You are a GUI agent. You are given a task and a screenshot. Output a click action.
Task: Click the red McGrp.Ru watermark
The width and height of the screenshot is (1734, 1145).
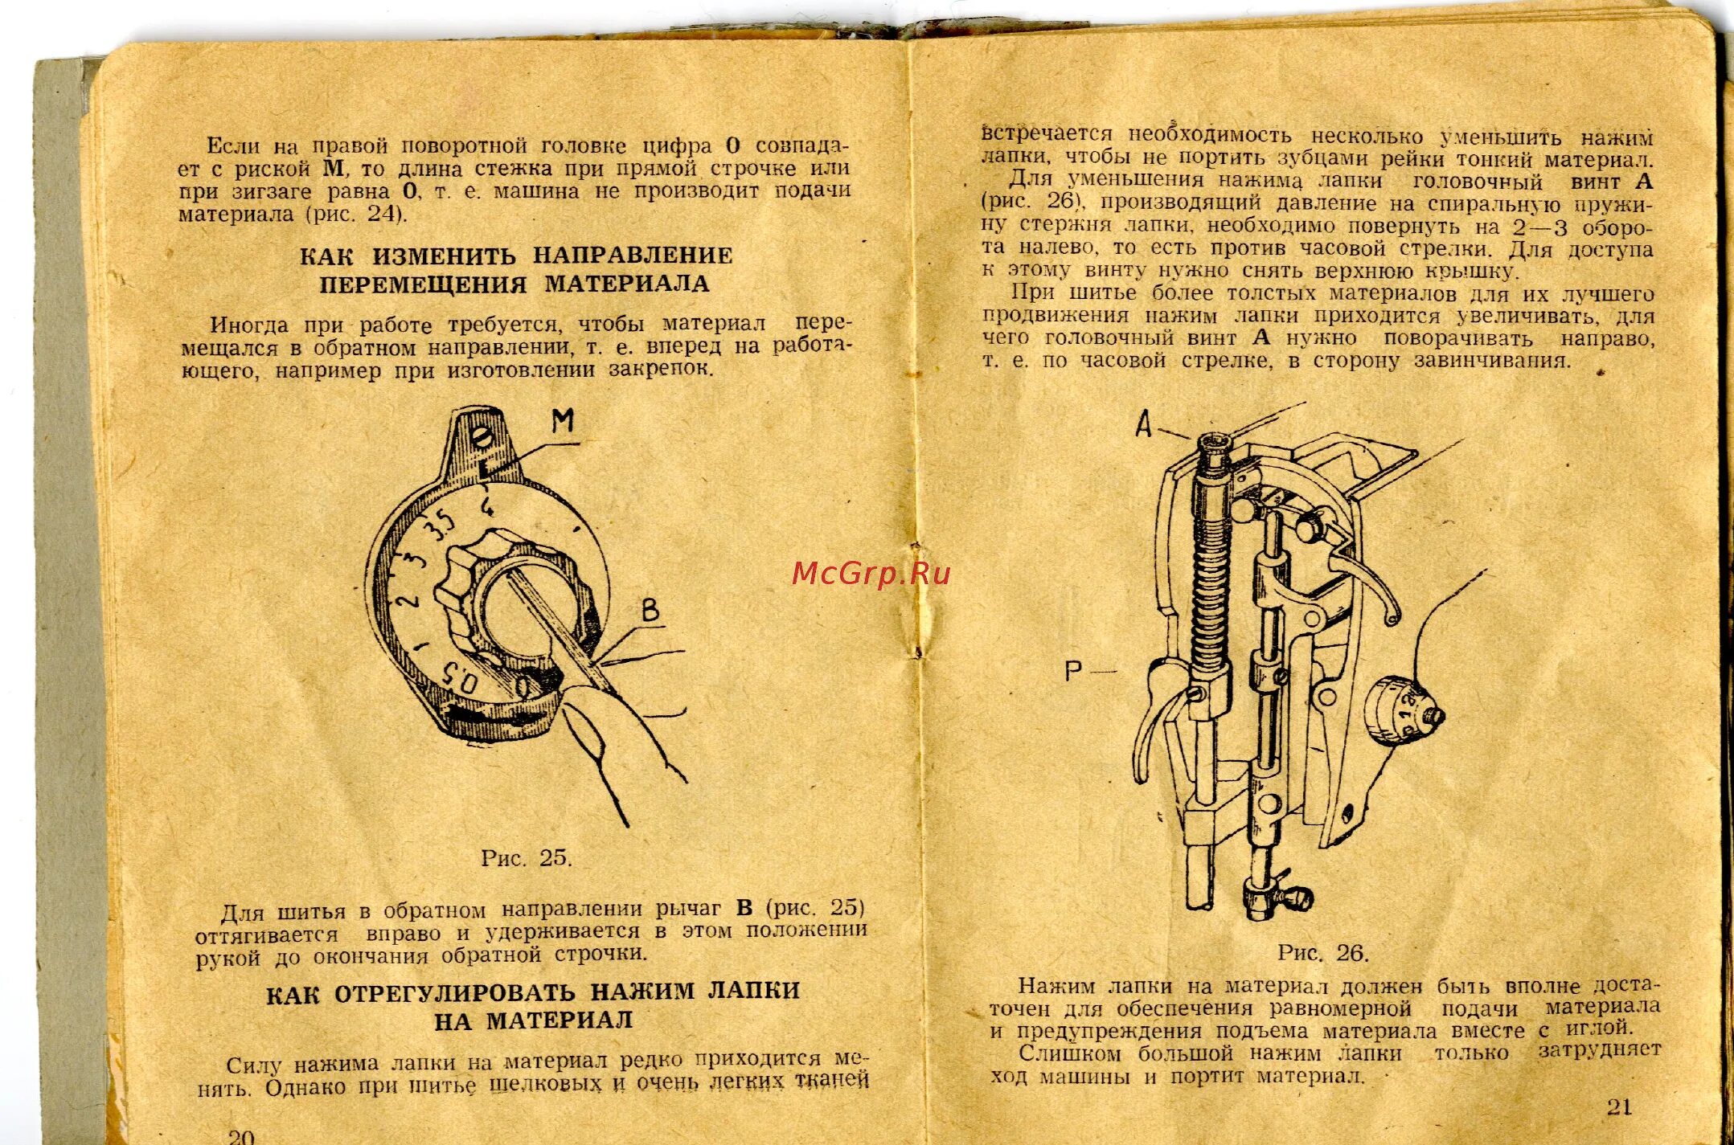point(871,573)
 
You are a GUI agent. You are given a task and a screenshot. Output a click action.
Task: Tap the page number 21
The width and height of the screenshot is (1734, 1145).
point(1619,1106)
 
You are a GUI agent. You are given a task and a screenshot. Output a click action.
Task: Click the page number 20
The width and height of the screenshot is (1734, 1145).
point(241,1135)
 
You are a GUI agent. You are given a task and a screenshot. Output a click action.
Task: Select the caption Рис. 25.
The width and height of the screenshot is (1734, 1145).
point(527,858)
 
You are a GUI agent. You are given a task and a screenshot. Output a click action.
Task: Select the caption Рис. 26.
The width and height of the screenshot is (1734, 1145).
point(1322,953)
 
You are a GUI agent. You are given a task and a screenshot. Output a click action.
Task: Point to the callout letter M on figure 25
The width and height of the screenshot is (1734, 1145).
point(564,419)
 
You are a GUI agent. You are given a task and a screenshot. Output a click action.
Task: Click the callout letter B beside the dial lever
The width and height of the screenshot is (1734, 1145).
point(650,611)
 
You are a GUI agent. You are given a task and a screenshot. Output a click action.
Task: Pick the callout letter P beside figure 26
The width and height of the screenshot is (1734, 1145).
point(1073,670)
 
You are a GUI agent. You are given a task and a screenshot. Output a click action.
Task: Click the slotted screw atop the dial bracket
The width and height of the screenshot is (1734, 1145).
point(482,438)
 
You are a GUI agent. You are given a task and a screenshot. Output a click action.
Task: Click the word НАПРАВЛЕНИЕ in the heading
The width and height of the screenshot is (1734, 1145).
point(633,256)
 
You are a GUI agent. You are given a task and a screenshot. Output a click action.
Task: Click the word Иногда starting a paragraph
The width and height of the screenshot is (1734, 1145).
point(249,325)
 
